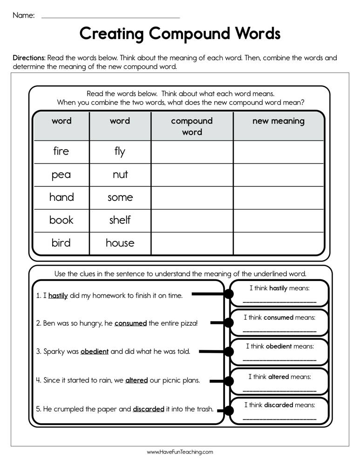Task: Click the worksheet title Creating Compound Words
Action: (x=180, y=34)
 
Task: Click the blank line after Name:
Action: (x=110, y=17)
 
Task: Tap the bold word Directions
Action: (x=29, y=58)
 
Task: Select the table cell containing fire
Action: (x=61, y=151)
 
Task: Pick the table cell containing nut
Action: (x=120, y=175)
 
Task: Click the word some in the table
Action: (x=120, y=198)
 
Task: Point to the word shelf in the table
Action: (x=120, y=220)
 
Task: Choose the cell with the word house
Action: (x=120, y=243)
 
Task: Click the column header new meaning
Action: (x=278, y=121)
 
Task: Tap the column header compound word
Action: (x=192, y=126)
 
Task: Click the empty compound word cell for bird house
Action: (x=192, y=243)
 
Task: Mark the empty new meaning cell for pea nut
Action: (x=278, y=175)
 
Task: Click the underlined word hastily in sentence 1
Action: (x=58, y=295)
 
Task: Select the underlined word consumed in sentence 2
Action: (x=130, y=323)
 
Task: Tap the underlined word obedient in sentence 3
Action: (x=95, y=352)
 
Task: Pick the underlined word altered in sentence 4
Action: (x=136, y=380)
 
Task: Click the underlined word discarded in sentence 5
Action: (x=149, y=409)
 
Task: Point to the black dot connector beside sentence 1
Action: (x=228, y=294)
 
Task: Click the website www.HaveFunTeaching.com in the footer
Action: (x=180, y=452)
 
